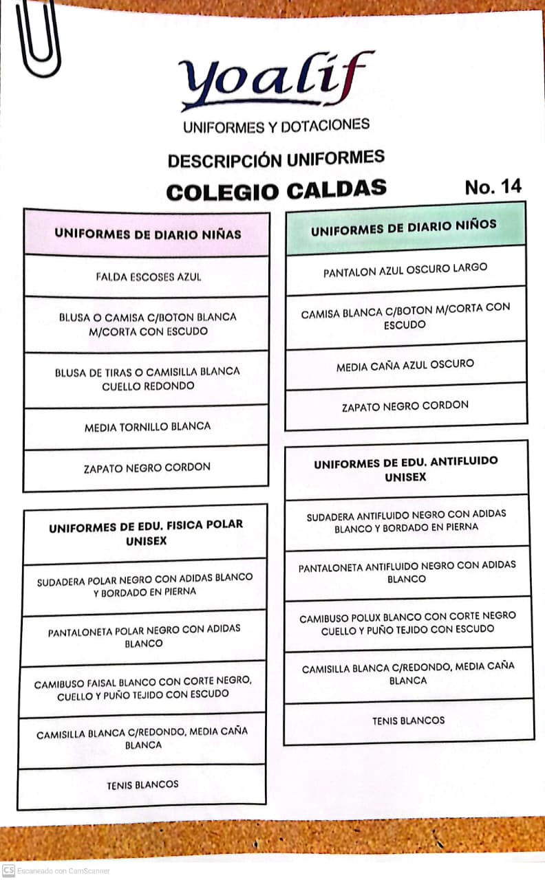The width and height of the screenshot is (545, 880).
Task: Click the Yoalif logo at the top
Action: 275,79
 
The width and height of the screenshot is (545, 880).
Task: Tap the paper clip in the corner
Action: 38,38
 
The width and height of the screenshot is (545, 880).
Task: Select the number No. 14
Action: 493,186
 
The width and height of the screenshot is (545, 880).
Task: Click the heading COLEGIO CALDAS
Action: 276,190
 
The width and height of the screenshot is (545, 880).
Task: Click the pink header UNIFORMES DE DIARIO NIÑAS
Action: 147,234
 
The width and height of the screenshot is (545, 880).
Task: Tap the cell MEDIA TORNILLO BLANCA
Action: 147,427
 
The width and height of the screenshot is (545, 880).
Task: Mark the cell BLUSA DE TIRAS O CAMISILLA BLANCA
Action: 147,379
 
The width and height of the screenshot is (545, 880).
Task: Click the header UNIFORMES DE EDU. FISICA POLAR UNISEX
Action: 146,533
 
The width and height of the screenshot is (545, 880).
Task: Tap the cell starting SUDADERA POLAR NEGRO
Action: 145,584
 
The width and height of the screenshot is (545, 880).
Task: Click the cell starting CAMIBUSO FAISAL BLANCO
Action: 142,688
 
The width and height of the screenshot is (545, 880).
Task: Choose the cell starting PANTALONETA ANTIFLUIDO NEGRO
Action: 407,572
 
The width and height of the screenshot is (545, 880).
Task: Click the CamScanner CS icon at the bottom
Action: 9,870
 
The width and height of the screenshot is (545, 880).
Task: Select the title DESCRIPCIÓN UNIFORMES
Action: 276,159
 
